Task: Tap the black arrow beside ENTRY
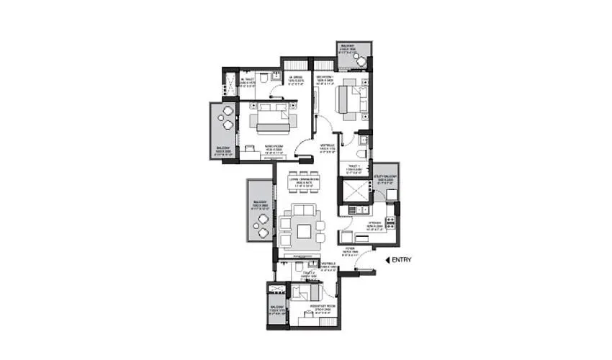coord(388,260)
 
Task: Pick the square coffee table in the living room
coord(304,230)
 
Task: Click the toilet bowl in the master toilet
coord(263,77)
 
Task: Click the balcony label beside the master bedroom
coord(221,150)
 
